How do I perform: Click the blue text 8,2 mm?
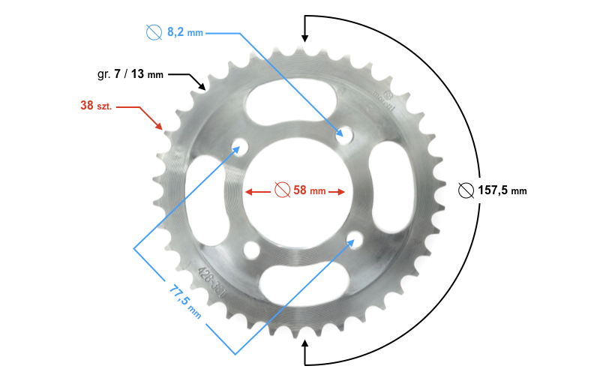[184, 33]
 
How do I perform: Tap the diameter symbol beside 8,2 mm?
[154, 33]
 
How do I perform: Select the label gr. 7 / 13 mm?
[130, 74]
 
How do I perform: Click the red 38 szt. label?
[96, 106]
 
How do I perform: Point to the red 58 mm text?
[309, 190]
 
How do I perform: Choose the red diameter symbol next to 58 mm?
[282, 190]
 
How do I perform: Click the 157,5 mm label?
[502, 190]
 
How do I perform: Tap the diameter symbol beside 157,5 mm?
[465, 190]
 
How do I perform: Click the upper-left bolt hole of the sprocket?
[240, 145]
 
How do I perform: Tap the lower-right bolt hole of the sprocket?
[354, 240]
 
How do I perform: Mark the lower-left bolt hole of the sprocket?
[250, 250]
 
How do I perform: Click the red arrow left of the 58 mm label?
[257, 191]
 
